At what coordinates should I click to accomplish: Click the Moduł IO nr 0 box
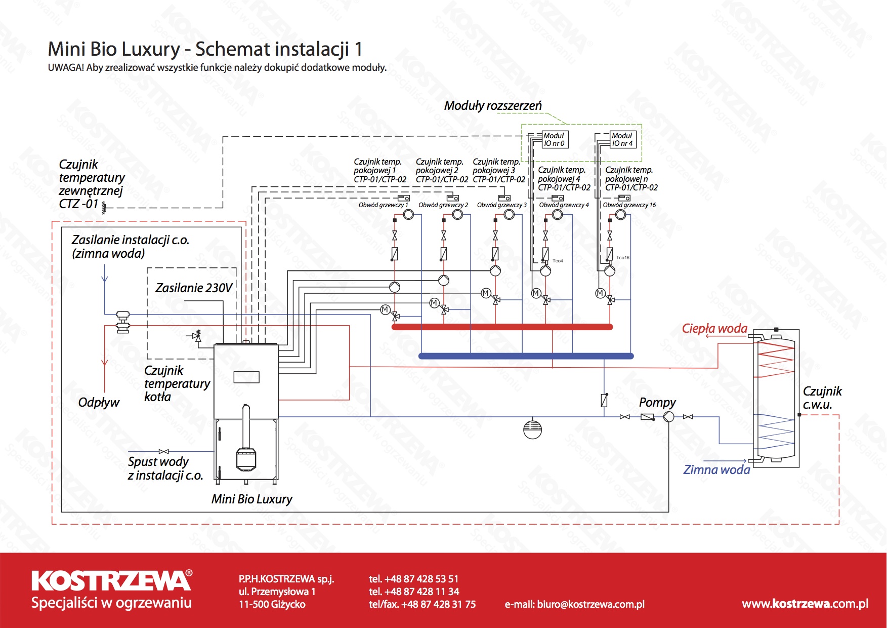555,139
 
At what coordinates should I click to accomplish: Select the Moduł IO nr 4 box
623,139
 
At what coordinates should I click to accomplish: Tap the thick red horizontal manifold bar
502,327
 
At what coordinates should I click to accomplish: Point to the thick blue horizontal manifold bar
526,356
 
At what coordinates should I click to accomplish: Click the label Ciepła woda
714,329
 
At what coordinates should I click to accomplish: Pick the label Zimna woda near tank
716,470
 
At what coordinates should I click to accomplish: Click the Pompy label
657,403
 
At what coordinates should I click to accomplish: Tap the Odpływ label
99,403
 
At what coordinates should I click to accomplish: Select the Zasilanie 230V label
194,288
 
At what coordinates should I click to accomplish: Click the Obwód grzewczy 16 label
629,205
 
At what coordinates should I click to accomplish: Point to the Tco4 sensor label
558,261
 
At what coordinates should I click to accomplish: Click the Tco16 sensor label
623,258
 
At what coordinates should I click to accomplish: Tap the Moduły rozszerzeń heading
493,106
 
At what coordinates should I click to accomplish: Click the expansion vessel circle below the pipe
532,429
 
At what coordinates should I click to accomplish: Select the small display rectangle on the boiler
246,377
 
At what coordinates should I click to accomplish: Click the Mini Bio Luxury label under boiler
252,499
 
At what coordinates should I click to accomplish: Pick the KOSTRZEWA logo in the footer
112,581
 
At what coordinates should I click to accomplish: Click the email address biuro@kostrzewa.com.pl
575,604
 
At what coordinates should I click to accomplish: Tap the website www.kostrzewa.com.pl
805,604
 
